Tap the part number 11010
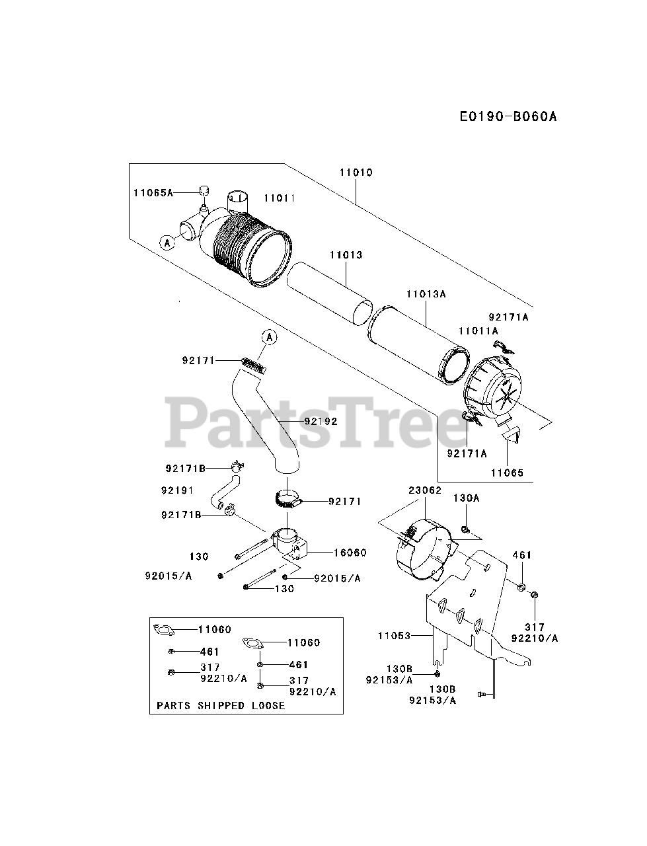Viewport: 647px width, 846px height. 356,173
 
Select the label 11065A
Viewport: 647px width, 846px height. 152,192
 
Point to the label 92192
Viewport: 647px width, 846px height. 321,421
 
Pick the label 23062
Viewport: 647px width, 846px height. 424,490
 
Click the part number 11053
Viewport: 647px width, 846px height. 395,636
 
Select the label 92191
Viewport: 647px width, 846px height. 176,490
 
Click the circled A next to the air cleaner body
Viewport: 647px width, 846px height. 167,243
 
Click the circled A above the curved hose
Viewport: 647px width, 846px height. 269,337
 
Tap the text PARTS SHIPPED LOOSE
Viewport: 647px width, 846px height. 221,705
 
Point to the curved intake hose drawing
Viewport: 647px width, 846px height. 268,423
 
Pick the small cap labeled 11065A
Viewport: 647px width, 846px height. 204,191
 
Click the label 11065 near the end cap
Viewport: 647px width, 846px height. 507,473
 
